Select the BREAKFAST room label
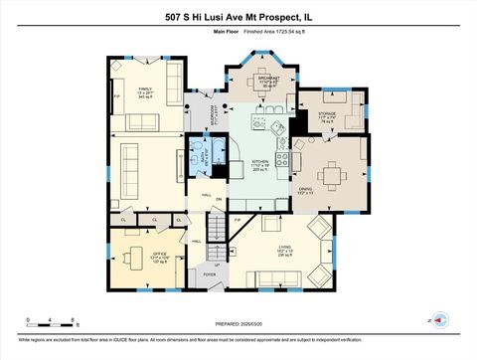pos(265,81)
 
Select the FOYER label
pos(210,273)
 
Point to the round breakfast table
pos(264,97)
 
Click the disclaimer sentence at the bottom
pos(238,341)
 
